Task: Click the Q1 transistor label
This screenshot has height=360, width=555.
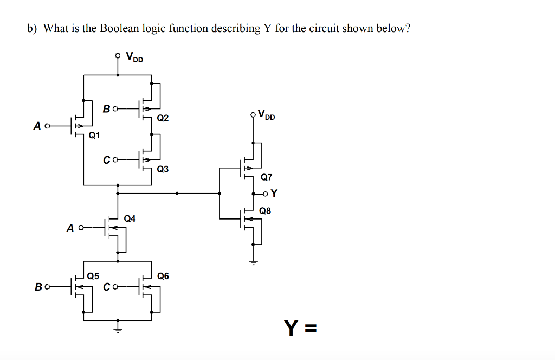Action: tap(94, 135)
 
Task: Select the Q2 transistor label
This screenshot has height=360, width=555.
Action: tap(163, 118)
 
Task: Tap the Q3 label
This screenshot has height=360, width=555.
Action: tap(163, 169)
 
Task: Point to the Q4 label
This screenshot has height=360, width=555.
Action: tap(130, 218)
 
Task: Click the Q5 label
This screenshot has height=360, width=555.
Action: tap(93, 276)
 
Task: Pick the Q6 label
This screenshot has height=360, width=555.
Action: tap(163, 276)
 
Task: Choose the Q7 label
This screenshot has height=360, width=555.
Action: tap(267, 177)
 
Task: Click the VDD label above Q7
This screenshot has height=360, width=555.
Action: tap(267, 115)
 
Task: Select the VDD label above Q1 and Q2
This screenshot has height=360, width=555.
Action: tap(134, 56)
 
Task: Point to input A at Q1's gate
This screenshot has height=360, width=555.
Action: tap(37, 126)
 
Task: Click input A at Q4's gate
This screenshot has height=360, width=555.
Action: tap(70, 228)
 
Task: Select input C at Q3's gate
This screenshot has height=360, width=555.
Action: tap(107, 160)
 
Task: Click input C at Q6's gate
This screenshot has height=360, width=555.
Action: tap(107, 286)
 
